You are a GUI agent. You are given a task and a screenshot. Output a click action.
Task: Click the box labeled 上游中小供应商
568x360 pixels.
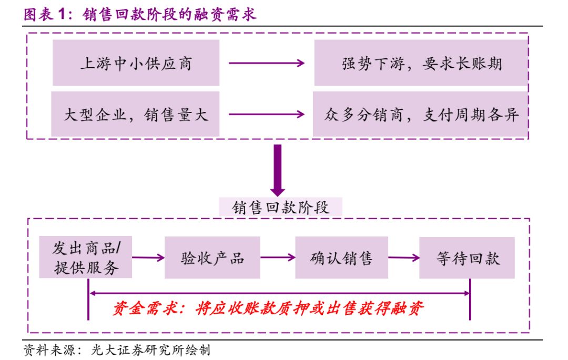(136, 63)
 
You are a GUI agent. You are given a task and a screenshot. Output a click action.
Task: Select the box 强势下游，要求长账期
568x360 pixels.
(421, 63)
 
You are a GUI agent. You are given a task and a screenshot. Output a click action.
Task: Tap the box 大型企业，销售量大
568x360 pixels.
(135, 114)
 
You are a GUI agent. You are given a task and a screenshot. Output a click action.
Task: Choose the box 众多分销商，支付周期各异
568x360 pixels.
(421, 114)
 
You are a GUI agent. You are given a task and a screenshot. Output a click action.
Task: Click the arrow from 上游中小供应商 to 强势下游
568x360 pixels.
(267, 63)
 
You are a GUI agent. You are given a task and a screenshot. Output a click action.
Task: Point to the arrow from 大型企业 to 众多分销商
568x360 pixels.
(267, 114)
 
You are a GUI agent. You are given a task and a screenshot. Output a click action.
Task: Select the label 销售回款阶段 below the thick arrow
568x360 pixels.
(280, 207)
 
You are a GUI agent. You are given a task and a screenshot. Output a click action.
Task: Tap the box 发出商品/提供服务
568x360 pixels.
(86, 258)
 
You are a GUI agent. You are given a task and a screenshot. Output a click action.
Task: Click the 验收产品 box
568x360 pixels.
(212, 258)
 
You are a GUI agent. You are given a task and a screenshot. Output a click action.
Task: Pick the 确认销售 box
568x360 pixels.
(341, 258)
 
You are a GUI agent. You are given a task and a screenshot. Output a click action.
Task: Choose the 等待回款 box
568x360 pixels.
(467, 258)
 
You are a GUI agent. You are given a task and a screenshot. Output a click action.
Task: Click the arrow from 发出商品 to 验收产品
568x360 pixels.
(148, 258)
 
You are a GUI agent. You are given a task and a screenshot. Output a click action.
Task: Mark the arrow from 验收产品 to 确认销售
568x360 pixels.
(277, 258)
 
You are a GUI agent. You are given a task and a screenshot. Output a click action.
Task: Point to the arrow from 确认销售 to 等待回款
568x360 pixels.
(403, 258)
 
